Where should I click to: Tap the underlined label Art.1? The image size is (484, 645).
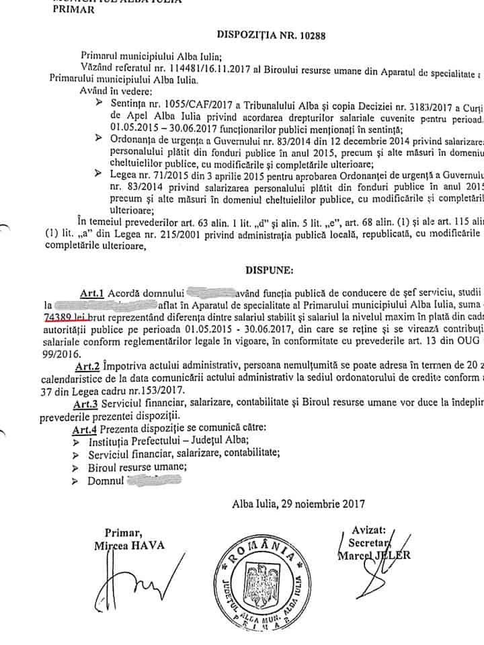click(93, 292)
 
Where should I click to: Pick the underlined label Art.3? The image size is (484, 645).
click(87, 402)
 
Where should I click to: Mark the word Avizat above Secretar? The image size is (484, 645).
click(373, 530)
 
